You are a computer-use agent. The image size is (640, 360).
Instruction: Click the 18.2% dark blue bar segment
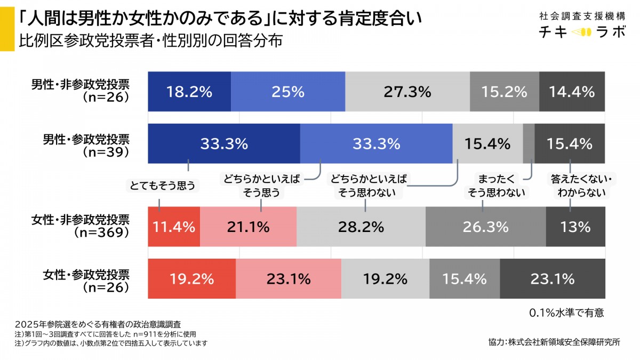tap(189, 91)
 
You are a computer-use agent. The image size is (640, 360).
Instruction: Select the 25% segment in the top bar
tap(288, 91)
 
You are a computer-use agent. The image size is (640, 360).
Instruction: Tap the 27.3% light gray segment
tap(407, 91)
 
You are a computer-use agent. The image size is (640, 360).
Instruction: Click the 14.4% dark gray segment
tap(572, 91)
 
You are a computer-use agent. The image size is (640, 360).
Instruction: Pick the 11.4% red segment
tap(174, 227)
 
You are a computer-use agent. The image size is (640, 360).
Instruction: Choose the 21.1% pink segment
tap(248, 227)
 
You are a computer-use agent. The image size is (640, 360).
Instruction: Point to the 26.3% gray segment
tap(485, 227)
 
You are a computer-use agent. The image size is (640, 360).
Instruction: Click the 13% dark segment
tap(575, 227)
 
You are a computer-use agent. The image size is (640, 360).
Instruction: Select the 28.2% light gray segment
tap(361, 227)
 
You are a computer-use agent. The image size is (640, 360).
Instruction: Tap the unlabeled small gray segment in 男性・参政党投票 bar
tap(529, 143)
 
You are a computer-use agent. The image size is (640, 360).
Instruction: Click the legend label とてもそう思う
tap(162, 186)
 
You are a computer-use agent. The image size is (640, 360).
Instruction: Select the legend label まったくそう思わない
tap(496, 186)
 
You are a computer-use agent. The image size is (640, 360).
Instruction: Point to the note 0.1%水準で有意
tap(566, 313)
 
